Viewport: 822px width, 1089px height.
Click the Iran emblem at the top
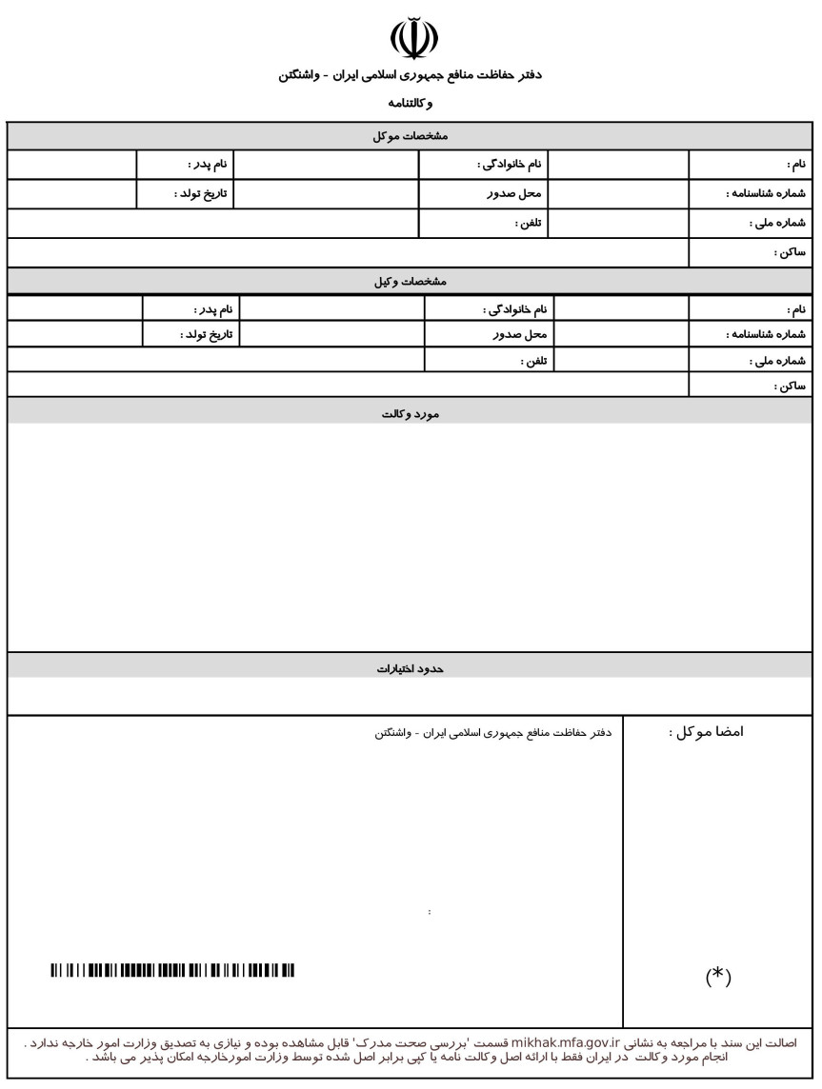[414, 36]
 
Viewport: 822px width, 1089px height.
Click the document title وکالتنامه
[411, 103]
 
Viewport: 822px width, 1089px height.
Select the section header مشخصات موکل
[411, 136]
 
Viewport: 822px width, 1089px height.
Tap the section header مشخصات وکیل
[411, 283]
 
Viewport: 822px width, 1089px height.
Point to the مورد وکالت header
[411, 414]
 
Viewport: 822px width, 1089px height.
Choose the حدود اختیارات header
[411, 669]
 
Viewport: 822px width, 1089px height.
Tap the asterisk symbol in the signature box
[717, 977]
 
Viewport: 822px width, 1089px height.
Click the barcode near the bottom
[172, 970]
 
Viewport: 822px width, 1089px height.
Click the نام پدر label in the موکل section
[207, 165]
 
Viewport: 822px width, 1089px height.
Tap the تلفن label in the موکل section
[529, 224]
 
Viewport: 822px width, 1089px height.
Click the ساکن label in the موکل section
[791, 252]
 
